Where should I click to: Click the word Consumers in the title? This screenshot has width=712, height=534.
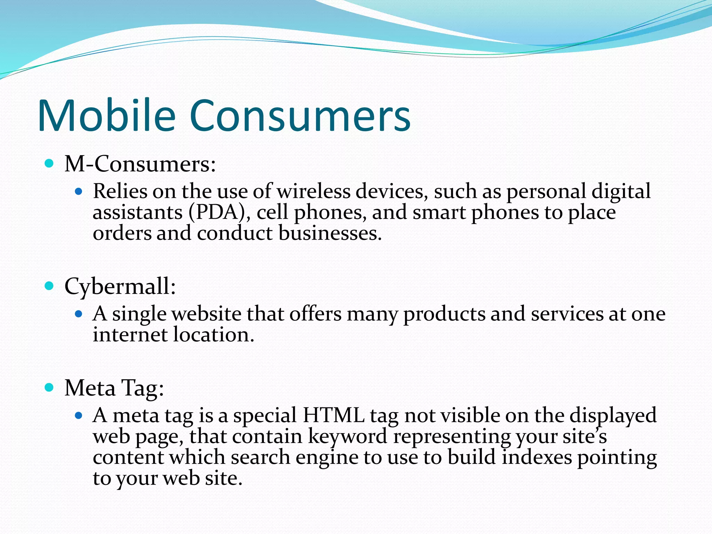point(300,115)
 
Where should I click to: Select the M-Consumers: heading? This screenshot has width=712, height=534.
point(140,164)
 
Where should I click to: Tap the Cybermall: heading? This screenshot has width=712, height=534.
point(120,287)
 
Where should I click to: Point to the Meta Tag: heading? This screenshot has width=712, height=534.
point(114,388)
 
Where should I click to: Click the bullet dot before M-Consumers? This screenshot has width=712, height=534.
point(49,163)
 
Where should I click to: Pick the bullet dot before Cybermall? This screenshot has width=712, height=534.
point(49,286)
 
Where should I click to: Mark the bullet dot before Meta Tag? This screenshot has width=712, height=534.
point(49,387)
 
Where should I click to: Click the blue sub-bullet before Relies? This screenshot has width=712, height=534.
point(79,191)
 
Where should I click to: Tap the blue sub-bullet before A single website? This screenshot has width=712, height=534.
point(79,314)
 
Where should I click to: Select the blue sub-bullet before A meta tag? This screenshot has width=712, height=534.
point(79,415)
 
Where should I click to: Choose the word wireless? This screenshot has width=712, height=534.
point(313,191)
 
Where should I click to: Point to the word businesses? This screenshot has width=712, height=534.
point(330,233)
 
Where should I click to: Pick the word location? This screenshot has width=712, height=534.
point(214,335)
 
